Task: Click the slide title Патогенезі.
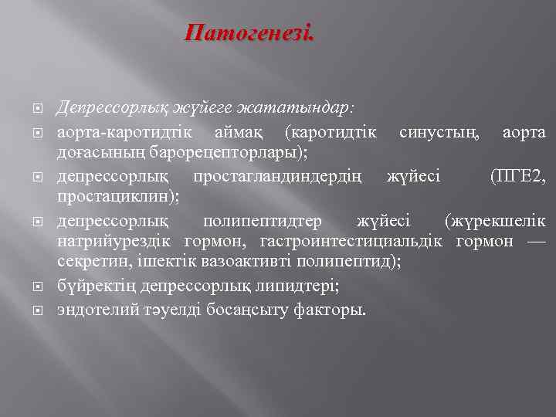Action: (249, 34)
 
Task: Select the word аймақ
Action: (241, 133)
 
